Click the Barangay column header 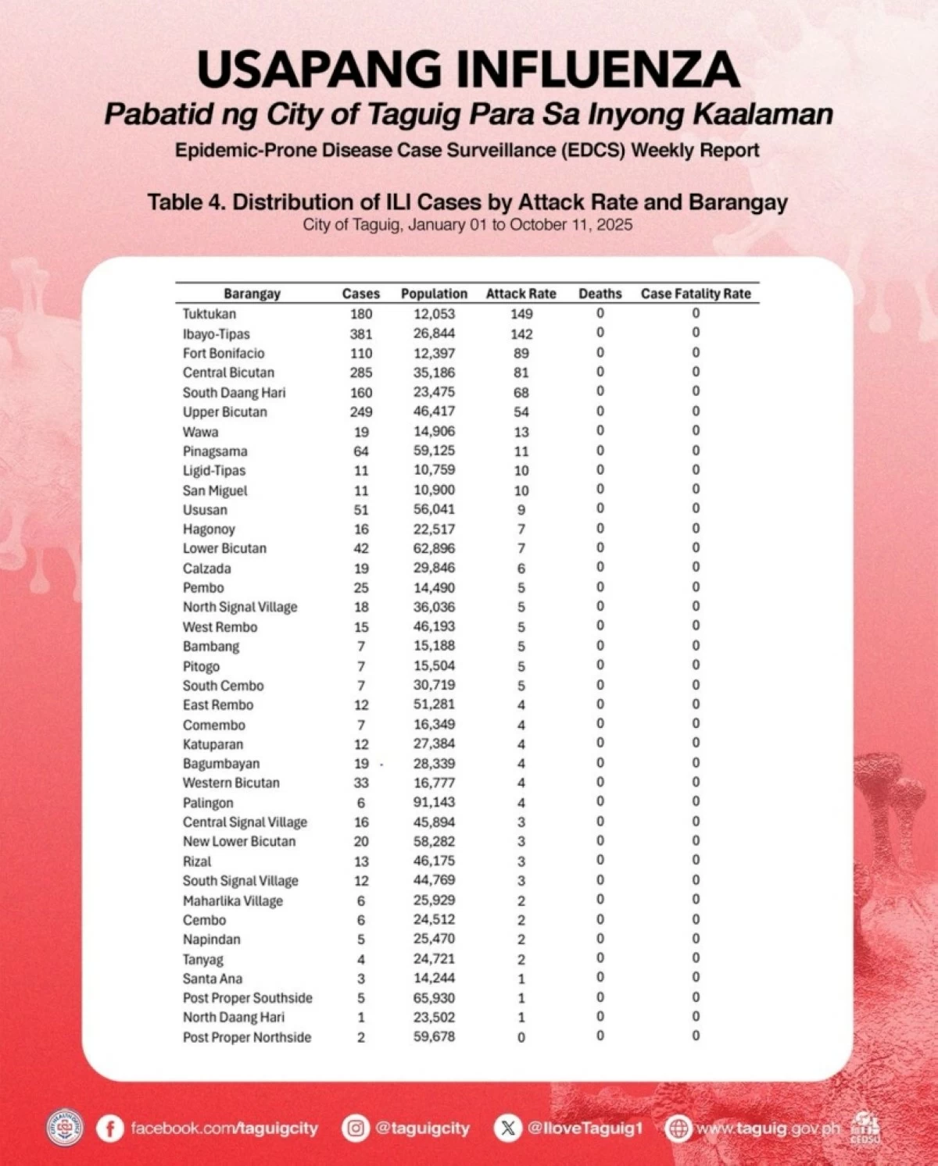point(252,294)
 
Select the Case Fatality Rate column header point(696,294)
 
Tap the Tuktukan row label point(209,314)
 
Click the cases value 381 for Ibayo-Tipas point(361,333)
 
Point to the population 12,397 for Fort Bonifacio point(434,353)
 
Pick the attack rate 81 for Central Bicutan point(521,373)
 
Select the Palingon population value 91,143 point(434,802)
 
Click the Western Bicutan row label point(231,783)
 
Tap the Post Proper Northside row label point(247,1037)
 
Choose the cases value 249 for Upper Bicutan point(361,412)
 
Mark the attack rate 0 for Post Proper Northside point(521,1037)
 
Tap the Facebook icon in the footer point(110,1129)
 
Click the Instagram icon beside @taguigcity point(356,1129)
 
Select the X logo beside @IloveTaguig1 point(508,1129)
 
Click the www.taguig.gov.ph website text point(768,1129)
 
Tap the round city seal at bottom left point(65,1128)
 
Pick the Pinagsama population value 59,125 point(434,451)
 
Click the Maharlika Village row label point(233,900)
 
